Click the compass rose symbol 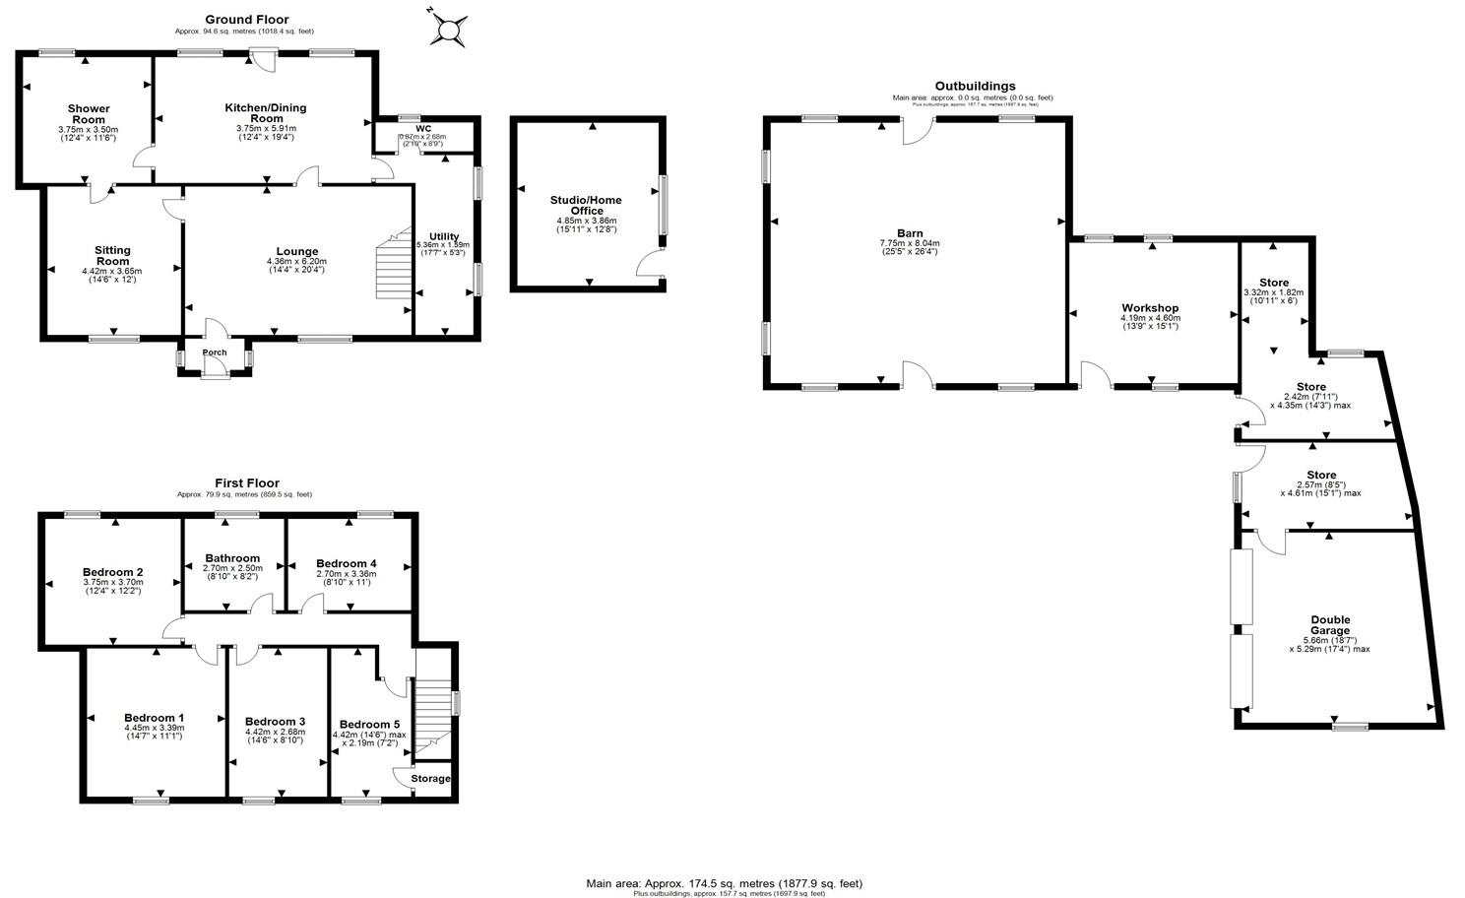click(x=447, y=29)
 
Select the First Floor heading click(x=246, y=482)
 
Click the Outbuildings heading click(x=975, y=86)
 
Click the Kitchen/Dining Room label click(x=265, y=113)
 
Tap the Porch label click(x=214, y=353)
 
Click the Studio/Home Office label click(x=586, y=205)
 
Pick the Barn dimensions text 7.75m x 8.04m click(x=910, y=243)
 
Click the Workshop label click(x=1149, y=308)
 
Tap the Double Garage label click(x=1330, y=625)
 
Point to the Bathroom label click(x=232, y=558)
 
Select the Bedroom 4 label click(x=346, y=563)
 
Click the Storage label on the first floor click(x=431, y=779)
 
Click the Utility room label click(x=444, y=236)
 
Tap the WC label click(x=423, y=128)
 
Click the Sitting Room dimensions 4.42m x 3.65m click(x=112, y=271)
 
